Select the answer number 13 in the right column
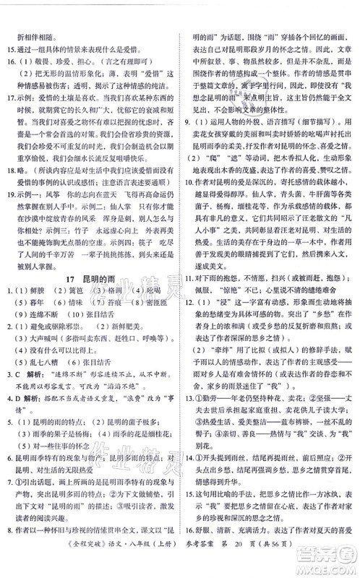tap(190, 439)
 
